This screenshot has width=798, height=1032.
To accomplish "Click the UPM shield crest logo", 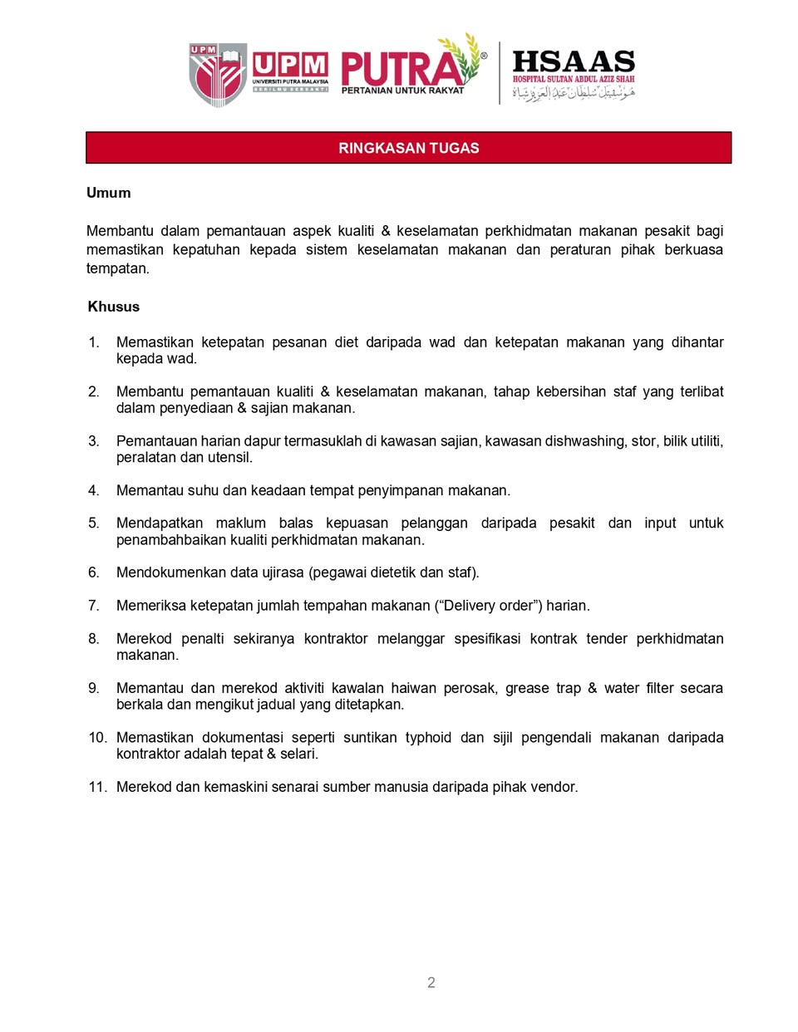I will (218, 74).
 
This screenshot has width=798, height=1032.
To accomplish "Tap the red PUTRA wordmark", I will (402, 67).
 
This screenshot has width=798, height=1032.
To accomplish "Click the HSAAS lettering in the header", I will (574, 61).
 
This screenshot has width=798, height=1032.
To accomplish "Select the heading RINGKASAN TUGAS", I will (408, 148).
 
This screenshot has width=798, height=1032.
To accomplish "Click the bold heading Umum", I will (109, 193).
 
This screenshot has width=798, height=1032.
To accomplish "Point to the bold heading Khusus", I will (114, 307).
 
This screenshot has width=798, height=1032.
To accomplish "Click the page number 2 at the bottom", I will (431, 982).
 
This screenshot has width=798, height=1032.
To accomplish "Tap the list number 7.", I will (93, 606).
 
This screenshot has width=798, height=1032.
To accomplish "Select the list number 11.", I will (97, 787).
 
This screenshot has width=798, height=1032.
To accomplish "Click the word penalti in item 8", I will (203, 639).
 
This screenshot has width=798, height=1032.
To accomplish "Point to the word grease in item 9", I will (527, 688).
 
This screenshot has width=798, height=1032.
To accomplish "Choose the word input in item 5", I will (660, 523).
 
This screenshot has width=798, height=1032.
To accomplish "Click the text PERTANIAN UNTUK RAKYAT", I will (402, 91).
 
